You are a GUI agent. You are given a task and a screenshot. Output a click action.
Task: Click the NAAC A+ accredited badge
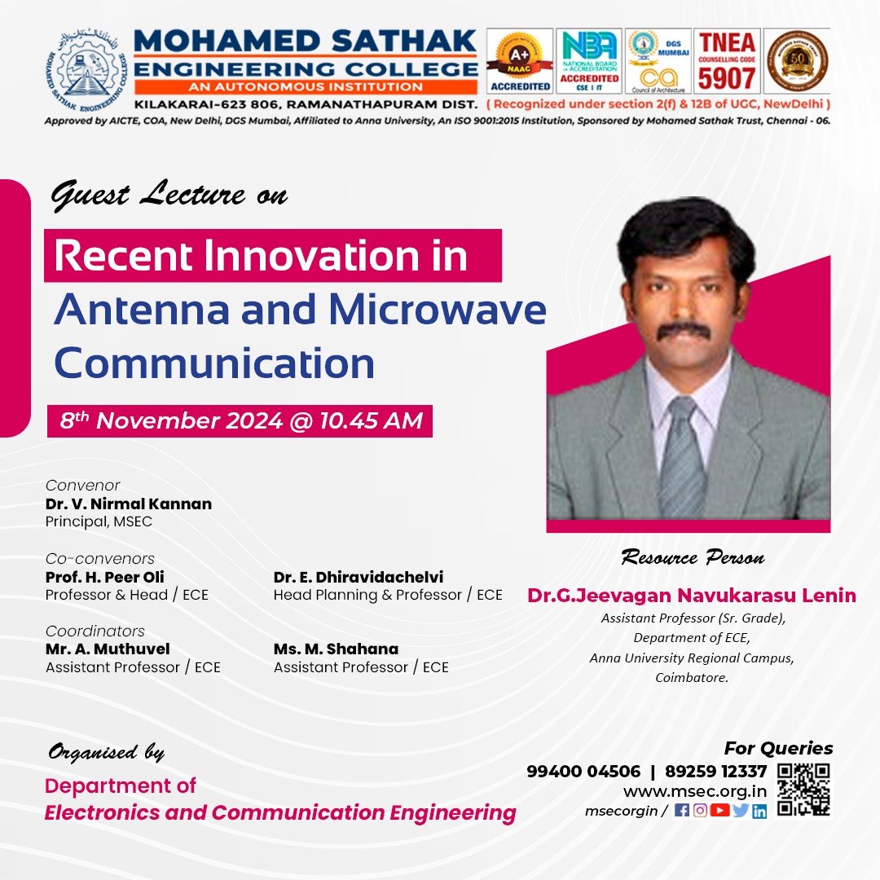click(x=520, y=61)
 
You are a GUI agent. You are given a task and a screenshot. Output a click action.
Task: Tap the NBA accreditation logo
click(x=588, y=61)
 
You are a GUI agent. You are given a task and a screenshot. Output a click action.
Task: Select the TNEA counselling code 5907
click(x=726, y=61)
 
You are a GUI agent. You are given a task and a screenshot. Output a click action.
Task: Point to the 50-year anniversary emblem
click(x=797, y=61)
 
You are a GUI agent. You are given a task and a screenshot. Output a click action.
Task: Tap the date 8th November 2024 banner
click(x=240, y=421)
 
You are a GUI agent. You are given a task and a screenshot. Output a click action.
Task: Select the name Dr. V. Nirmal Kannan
click(x=129, y=504)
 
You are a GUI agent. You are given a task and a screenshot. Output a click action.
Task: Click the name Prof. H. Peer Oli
click(x=104, y=578)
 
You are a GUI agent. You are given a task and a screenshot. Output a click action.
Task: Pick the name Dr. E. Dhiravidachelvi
click(x=359, y=578)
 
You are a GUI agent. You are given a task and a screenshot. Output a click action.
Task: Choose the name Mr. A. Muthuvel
click(x=108, y=649)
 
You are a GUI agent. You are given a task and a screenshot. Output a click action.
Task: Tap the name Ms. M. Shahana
click(x=336, y=649)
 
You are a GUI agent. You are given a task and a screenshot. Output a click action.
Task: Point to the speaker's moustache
click(x=684, y=329)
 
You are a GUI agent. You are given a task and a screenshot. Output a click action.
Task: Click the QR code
click(x=803, y=790)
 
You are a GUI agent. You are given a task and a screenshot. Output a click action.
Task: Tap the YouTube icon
click(x=719, y=811)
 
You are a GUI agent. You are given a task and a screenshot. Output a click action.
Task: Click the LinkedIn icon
click(x=759, y=811)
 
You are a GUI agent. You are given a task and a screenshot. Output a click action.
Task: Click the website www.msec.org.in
click(x=694, y=791)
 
